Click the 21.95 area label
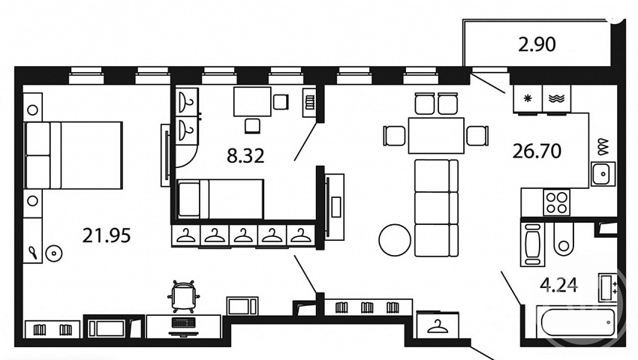click(106, 235)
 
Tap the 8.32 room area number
click(245, 155)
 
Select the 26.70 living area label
click(537, 151)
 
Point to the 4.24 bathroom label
click(558, 285)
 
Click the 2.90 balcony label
click(537, 44)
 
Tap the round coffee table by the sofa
click(395, 240)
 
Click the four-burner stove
click(557, 202)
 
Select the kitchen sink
click(603, 174)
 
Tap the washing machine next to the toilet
click(533, 244)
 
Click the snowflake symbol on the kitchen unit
click(528, 98)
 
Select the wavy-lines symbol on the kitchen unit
click(556, 98)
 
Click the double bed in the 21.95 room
click(74, 155)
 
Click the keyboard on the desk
click(183, 322)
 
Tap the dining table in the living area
click(436, 136)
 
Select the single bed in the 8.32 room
click(220, 199)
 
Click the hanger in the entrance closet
click(438, 326)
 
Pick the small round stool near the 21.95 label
click(53, 253)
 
